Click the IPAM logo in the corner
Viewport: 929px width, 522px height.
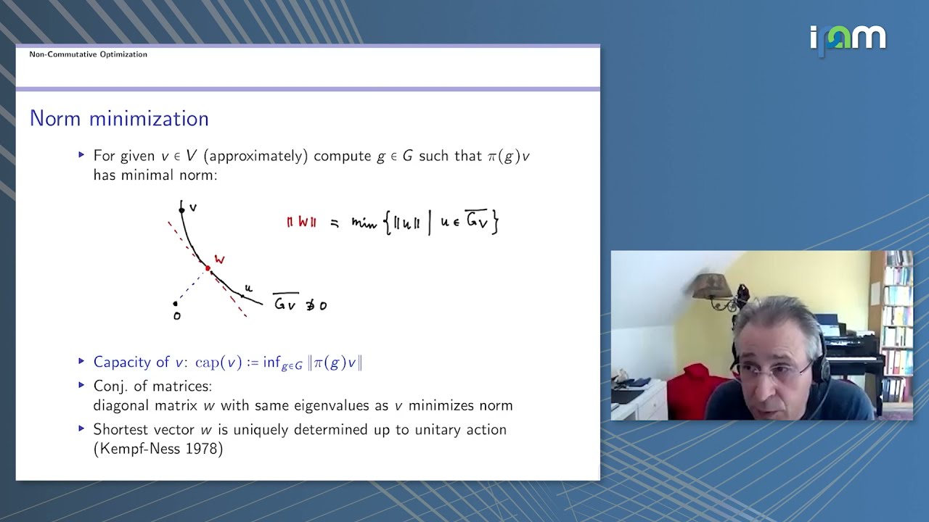tap(848, 38)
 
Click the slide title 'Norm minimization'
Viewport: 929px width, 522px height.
tap(119, 119)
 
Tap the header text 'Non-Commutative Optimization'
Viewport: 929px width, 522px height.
tap(88, 54)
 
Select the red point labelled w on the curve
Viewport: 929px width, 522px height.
tap(208, 268)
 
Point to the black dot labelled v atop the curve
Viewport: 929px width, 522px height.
tap(181, 210)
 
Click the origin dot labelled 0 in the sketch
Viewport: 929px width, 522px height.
tap(176, 304)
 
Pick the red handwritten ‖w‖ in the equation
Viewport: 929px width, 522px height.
tap(301, 223)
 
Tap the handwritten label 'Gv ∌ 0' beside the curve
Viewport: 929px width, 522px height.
tap(300, 304)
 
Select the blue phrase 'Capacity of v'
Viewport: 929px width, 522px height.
tap(141, 362)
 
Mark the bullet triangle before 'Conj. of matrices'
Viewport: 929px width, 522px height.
tap(81, 385)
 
